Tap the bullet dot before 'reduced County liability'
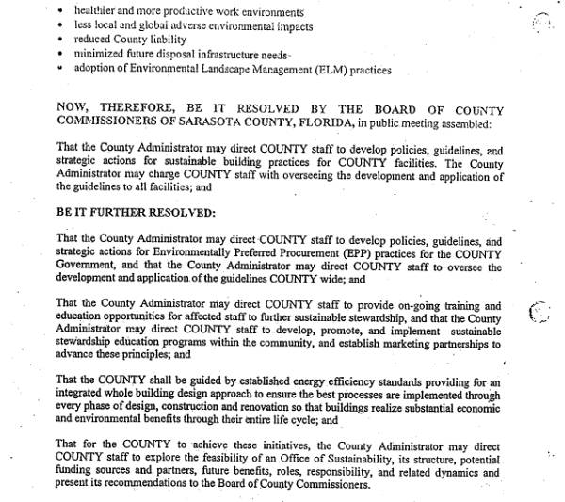point(59,41)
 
